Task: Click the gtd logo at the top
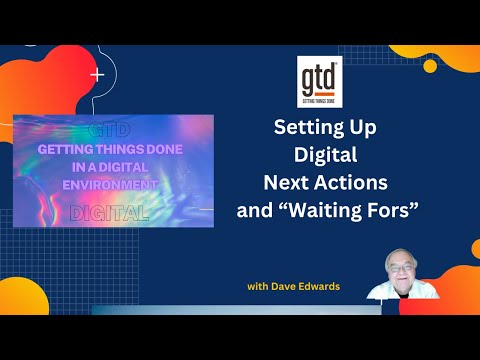321,77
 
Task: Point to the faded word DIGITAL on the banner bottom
111,212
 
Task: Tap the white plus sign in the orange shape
97,74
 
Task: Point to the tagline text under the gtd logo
321,100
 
